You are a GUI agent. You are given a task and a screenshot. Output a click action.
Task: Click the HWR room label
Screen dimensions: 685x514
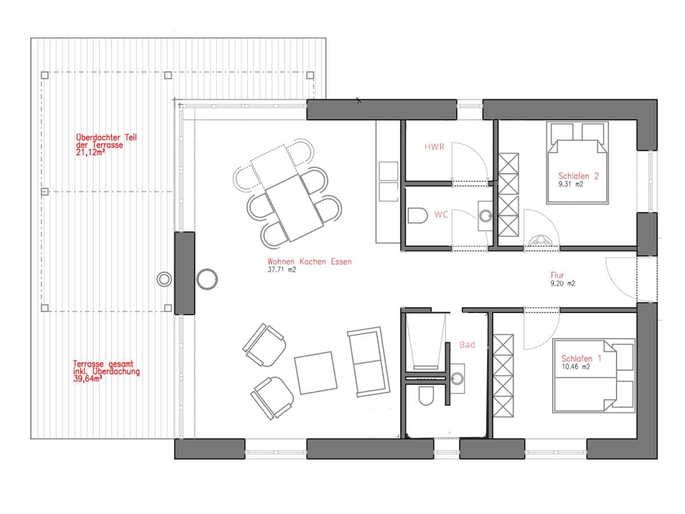point(434,147)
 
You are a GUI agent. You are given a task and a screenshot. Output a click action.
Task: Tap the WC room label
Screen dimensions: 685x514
point(441,215)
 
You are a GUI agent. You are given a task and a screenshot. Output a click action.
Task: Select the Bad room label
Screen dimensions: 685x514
point(467,345)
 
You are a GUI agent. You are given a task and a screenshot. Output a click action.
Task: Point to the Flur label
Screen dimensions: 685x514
point(557,275)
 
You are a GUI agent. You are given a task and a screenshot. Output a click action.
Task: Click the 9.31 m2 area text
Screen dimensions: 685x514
point(571,184)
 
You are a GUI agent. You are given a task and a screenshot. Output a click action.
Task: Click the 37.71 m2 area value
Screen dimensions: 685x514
point(282,270)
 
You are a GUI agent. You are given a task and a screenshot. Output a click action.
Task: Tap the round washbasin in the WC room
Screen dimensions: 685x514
point(485,216)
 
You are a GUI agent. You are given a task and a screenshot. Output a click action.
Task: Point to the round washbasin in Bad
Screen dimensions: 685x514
point(457,378)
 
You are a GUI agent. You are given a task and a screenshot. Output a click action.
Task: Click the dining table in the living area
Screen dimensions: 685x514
point(294,207)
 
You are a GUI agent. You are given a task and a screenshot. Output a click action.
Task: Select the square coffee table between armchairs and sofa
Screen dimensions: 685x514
point(316,373)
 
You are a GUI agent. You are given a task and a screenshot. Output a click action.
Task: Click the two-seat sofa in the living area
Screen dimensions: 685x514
point(369,362)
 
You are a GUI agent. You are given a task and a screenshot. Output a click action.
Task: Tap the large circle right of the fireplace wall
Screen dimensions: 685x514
point(207,279)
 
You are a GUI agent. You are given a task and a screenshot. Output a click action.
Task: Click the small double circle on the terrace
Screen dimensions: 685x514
point(164,279)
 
